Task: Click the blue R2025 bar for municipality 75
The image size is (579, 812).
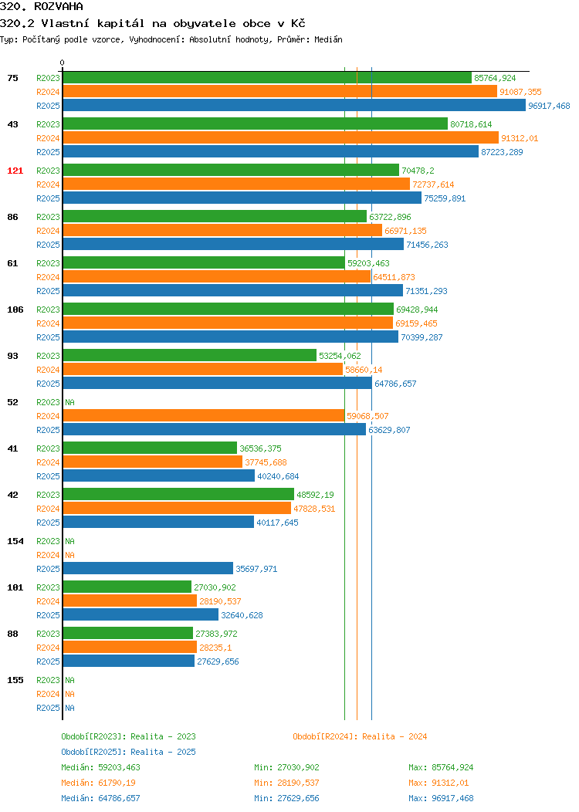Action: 294,105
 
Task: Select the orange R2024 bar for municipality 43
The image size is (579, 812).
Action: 281,137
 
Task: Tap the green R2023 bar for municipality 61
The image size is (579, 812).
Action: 204,262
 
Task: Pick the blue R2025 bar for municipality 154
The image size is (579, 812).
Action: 148,568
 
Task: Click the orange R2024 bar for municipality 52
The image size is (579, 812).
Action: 204,415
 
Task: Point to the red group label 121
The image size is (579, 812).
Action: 15,171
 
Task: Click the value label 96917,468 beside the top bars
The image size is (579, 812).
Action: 549,106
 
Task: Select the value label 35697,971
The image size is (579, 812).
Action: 256,569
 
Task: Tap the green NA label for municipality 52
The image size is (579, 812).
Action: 70,402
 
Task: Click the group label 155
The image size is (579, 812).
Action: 15,680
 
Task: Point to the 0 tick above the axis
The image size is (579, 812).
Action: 63,63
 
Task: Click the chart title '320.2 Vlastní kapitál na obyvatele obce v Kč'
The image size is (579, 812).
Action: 153,23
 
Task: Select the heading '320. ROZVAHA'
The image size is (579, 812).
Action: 42,6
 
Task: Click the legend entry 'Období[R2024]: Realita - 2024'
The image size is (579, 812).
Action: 360,736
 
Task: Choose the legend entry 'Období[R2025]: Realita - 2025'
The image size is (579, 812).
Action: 128,752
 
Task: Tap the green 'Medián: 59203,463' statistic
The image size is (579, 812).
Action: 100,767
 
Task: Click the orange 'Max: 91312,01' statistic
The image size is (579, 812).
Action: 441,783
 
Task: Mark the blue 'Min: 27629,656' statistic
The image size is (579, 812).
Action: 286,799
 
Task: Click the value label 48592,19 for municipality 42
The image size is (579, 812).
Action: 315,495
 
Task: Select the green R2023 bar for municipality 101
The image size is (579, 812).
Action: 127,587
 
